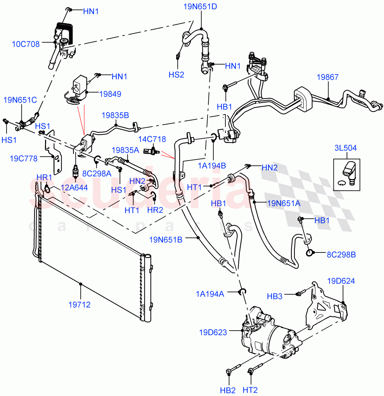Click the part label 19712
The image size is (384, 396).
coord(79,305)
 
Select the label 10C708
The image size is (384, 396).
coord(26,44)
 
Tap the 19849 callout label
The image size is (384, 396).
coord(110,94)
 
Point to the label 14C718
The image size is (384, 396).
coord(152,139)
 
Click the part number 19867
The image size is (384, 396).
coord(327,77)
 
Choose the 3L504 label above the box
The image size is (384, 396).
coord(345,148)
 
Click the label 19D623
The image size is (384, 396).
coord(213,332)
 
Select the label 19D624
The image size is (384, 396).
coord(341,281)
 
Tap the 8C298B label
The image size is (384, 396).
coord(341,255)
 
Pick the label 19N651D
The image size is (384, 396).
coord(200,6)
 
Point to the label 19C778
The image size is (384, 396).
coord(23,158)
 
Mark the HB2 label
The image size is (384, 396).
coord(228,390)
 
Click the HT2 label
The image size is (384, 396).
coord(250,390)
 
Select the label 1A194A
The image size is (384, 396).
coord(210,294)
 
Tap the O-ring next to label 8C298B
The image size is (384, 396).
coord(310,253)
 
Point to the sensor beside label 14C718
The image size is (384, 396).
coord(152,151)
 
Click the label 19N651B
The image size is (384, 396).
coord(166,240)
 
